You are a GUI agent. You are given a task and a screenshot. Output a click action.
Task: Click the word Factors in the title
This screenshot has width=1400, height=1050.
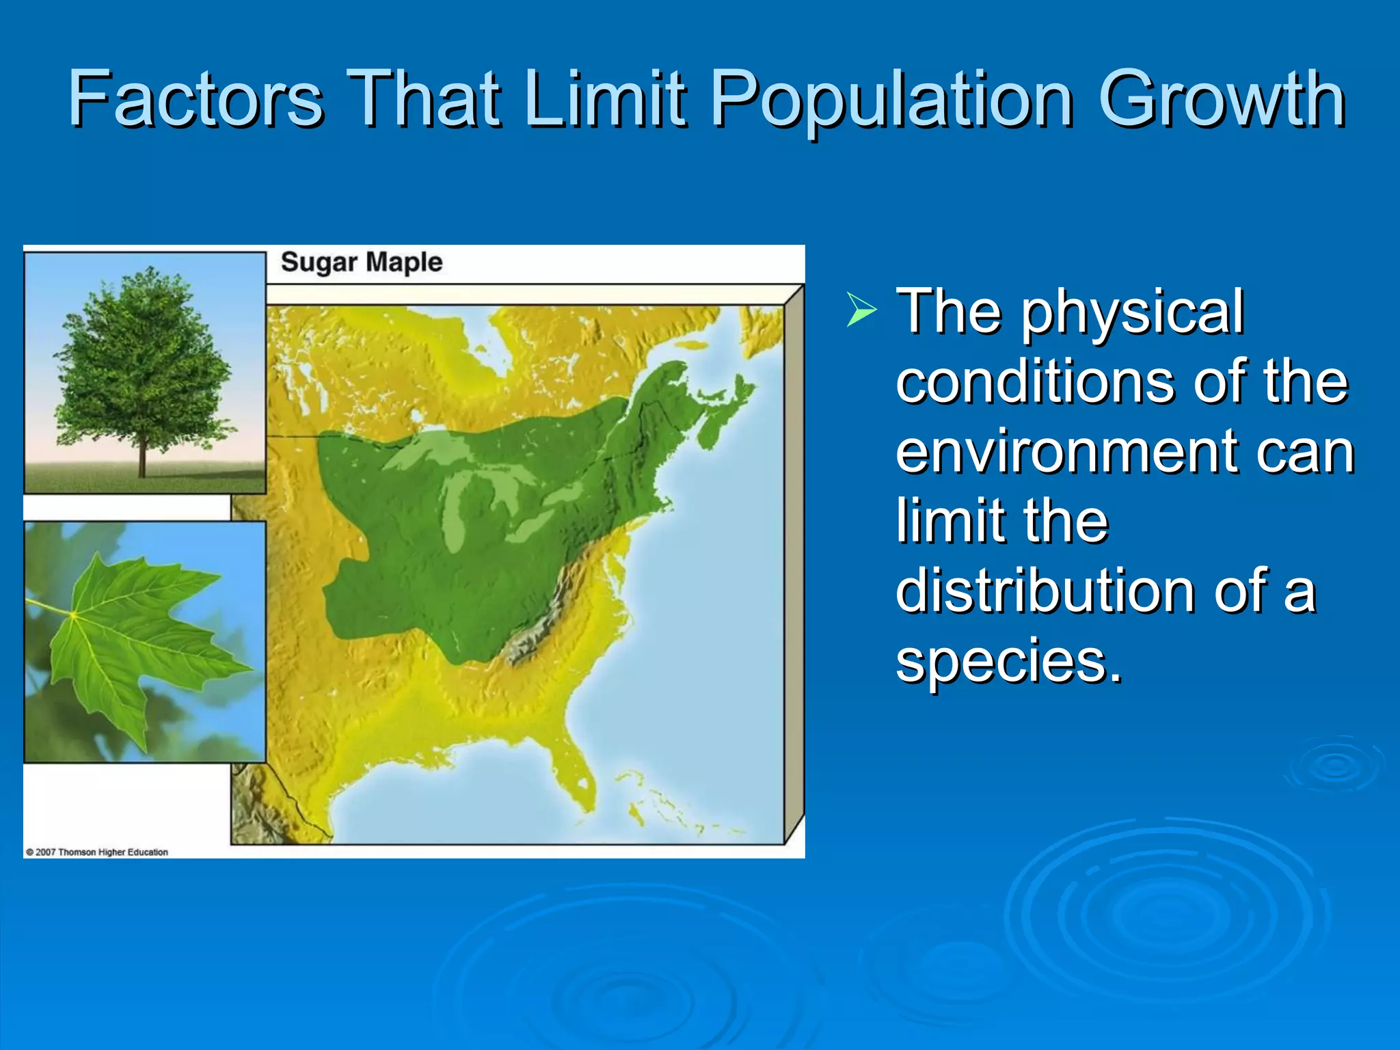(x=196, y=98)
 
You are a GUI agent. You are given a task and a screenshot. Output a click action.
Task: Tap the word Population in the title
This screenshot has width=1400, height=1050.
(x=891, y=100)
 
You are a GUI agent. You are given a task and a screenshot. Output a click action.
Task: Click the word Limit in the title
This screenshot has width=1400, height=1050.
(x=604, y=98)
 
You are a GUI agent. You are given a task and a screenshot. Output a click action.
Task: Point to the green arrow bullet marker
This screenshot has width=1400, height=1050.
(x=861, y=309)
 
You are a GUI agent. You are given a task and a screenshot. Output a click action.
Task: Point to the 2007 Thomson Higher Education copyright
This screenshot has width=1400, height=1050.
(x=96, y=852)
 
